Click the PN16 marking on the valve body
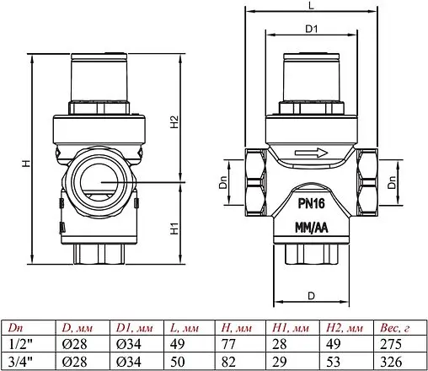(312, 203)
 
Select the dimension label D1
(310, 29)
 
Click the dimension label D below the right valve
(311, 295)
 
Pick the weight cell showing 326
(389, 360)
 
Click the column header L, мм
(185, 328)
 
